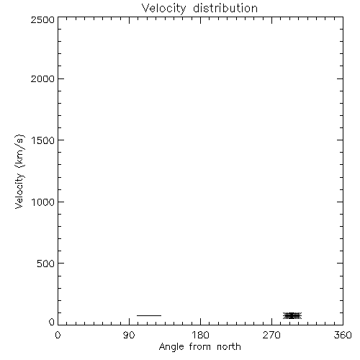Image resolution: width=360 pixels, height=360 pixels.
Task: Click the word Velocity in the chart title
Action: coord(164,9)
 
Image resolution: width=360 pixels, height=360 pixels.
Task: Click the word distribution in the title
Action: coord(225,8)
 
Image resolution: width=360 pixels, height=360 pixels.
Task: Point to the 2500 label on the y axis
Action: coord(42,19)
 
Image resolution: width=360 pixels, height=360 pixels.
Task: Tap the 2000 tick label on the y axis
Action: coord(42,78)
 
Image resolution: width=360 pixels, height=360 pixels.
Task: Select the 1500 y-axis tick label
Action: coord(43,140)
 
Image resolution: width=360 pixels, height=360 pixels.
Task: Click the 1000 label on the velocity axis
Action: coord(43,202)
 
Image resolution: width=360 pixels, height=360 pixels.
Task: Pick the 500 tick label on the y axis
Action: coord(45,264)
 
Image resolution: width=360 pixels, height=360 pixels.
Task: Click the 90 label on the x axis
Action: coord(129,335)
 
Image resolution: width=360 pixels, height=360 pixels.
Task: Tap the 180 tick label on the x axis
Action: coord(200,335)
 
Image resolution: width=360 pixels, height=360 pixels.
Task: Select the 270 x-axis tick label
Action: coord(271,335)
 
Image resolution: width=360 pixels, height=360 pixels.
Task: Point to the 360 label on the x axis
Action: coord(343,335)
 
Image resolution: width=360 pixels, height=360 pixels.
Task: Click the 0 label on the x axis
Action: coord(58,335)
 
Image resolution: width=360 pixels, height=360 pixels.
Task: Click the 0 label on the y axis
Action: coord(52,322)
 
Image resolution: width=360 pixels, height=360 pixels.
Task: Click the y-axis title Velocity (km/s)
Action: coord(19,171)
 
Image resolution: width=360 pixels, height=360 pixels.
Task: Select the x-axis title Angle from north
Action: coord(200,347)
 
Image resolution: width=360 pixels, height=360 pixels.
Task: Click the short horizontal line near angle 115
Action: coord(149,315)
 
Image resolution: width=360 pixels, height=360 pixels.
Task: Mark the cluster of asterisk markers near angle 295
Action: coord(292,315)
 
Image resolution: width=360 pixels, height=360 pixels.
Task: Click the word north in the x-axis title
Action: coord(229,347)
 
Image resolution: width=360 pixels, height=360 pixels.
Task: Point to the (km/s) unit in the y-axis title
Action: coord(19,151)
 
